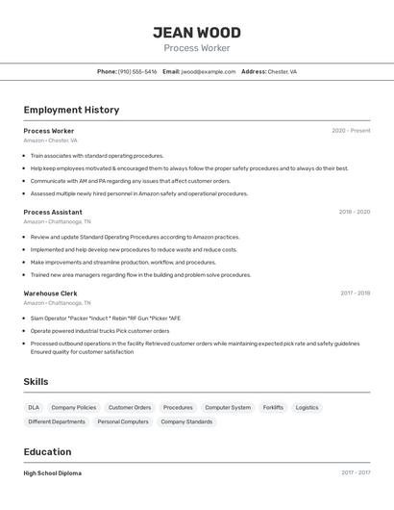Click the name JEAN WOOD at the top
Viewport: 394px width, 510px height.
tap(196, 32)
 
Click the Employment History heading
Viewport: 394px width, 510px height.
tap(71, 110)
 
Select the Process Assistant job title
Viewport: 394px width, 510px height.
tap(53, 212)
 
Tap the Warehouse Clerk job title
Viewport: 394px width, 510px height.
tap(50, 293)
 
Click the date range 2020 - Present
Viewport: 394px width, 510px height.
tap(351, 131)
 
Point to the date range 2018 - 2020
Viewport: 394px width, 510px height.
tap(354, 212)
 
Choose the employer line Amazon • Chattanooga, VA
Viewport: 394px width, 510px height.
tap(59, 221)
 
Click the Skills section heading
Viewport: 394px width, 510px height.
tap(36, 381)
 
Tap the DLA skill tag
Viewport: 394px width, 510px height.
tap(34, 407)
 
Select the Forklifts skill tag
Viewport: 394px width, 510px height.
tap(273, 407)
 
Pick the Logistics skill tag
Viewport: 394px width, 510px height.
tap(307, 407)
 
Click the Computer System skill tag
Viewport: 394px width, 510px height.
tap(228, 407)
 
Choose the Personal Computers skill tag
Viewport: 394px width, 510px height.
tap(123, 421)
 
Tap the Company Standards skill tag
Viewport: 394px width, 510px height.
tap(186, 421)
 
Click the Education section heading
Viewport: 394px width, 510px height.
tap(47, 451)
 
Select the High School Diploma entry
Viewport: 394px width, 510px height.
tap(52, 473)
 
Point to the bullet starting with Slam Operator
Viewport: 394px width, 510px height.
tap(106, 318)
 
